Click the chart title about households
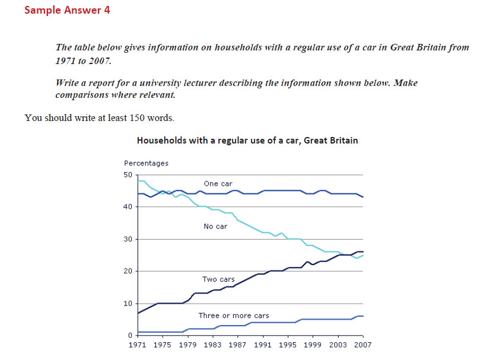[247, 141]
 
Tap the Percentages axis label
[146, 163]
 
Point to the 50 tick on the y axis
[128, 175]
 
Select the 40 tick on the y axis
[128, 207]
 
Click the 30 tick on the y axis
[128, 240]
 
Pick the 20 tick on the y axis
[128, 272]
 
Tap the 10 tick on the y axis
[128, 304]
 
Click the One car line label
[218, 184]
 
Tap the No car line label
[215, 227]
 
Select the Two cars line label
[219, 279]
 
